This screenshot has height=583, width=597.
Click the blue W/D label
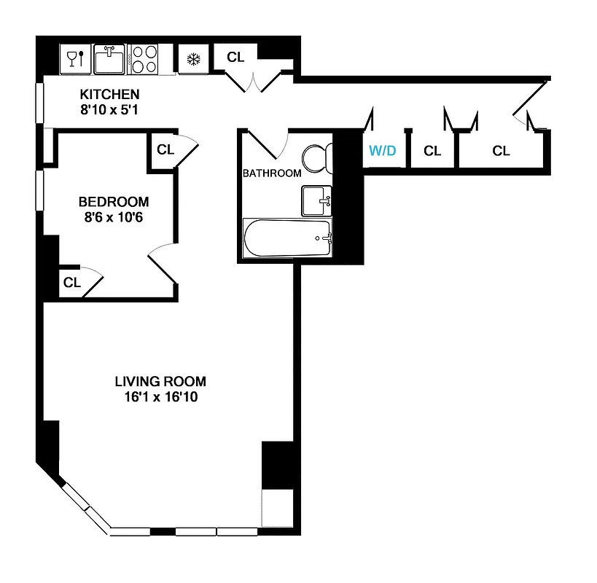pos(382,151)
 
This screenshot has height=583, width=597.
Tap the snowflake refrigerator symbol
pos(194,60)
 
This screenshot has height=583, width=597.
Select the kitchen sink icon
pos(110,59)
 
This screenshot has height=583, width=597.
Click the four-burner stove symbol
pos(144,59)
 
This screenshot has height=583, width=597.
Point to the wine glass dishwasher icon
pos(76,58)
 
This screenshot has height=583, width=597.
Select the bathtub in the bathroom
pos(287,238)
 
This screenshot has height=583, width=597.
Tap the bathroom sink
pos(316,199)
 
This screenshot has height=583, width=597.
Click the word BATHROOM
pos(271,173)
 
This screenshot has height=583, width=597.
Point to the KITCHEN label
pos(109,95)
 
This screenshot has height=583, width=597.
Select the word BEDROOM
pos(114,202)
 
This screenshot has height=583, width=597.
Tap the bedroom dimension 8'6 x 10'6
pos(114,216)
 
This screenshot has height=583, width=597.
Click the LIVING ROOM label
pos(160,381)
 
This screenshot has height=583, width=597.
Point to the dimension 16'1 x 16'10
pos(160,397)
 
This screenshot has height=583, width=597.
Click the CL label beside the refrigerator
pos(235,57)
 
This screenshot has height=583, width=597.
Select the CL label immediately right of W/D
pos(432,151)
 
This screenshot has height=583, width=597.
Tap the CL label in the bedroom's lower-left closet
pos(71,283)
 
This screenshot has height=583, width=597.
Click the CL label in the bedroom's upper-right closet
pos(165,150)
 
